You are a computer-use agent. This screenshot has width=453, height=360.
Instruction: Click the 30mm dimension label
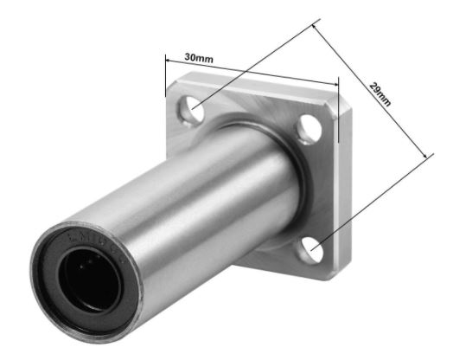[199, 59]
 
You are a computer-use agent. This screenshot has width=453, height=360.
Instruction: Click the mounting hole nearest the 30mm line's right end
[312, 131]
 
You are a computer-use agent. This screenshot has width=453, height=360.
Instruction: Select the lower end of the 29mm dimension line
[427, 156]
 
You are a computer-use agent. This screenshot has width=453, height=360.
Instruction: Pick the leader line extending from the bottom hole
[372, 202]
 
